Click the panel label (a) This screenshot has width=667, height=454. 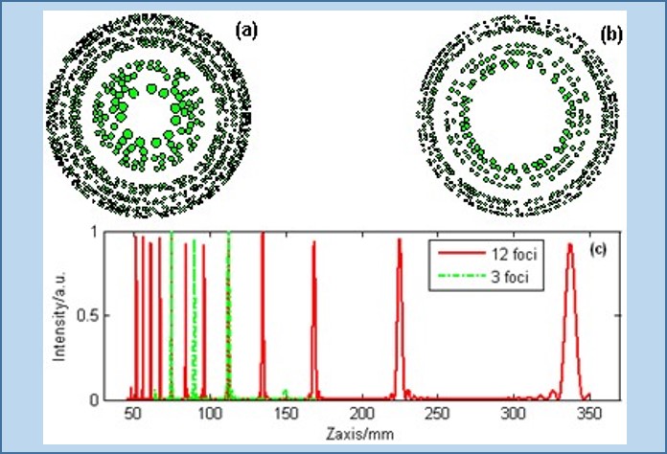pyautogui.click(x=246, y=31)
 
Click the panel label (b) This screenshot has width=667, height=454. pyautogui.click(x=610, y=34)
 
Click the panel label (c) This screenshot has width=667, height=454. pyautogui.click(x=598, y=250)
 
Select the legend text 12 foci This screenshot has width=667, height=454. pyautogui.click(x=515, y=254)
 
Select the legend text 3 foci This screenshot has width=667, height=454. pyautogui.click(x=510, y=277)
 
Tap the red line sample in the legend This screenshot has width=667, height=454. pyautogui.click(x=462, y=253)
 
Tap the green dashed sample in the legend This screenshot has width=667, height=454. pyautogui.click(x=462, y=276)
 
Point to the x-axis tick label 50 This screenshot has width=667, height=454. pyautogui.click(x=133, y=413)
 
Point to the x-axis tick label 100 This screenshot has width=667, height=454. pyautogui.click(x=209, y=413)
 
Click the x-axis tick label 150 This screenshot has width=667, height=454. pyautogui.click(x=286, y=413)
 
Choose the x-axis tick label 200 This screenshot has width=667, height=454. pyautogui.click(x=362, y=413)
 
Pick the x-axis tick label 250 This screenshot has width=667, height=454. pyautogui.click(x=438, y=413)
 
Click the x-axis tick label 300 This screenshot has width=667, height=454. pyautogui.click(x=514, y=413)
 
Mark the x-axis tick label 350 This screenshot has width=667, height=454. pyautogui.click(x=589, y=413)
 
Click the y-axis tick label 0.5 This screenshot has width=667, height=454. pyautogui.click(x=88, y=316)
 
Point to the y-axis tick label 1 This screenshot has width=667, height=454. pyautogui.click(x=95, y=233)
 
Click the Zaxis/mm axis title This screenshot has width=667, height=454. pyautogui.click(x=360, y=434)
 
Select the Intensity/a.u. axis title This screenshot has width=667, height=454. pyautogui.click(x=59, y=316)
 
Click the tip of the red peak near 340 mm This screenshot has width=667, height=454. pyautogui.click(x=569, y=244)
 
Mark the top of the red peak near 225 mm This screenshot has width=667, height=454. pyautogui.click(x=400, y=238)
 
